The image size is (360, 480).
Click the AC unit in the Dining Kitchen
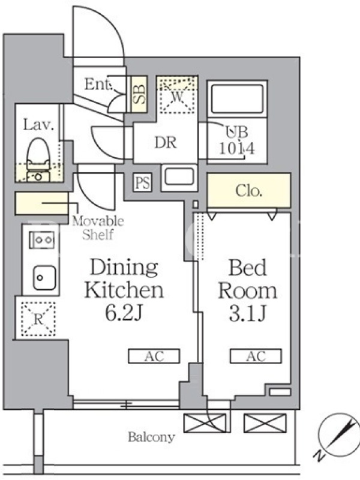154,356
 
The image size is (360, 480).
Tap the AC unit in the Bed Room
256,356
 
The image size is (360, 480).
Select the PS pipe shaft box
143,183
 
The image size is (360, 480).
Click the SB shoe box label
139,94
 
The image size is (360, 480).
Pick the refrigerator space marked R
38,319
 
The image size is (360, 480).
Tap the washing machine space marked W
177,95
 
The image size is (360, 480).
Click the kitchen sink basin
44,278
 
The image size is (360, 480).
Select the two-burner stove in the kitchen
41,239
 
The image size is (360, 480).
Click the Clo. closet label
248,191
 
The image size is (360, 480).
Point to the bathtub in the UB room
237,99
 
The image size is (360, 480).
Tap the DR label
166,143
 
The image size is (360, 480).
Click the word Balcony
151,437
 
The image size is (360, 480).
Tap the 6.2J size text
124,313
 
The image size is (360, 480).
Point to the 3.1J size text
247,314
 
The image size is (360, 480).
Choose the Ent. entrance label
98,84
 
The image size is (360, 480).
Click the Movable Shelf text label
98,228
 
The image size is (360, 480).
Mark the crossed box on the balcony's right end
265,424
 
